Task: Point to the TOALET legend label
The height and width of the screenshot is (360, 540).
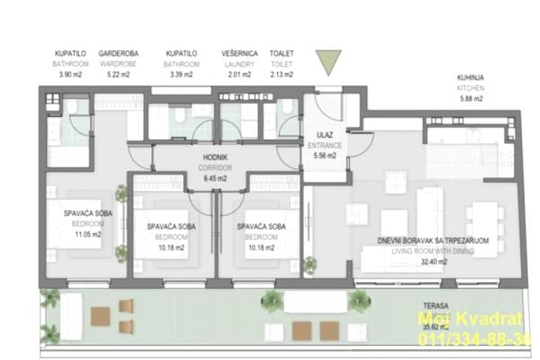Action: click(x=282, y=54)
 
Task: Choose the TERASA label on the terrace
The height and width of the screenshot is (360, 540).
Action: click(x=435, y=305)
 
